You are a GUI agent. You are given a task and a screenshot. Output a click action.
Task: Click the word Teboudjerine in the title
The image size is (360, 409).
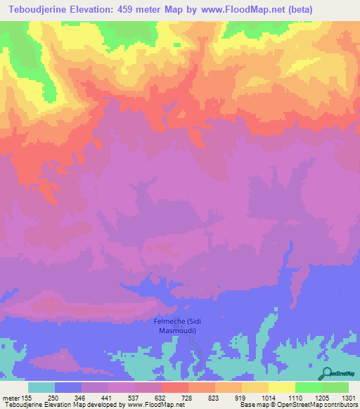43,10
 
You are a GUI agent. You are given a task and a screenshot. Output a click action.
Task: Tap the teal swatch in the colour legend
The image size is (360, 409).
41,387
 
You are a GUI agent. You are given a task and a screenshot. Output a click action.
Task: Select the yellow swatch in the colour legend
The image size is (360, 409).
281,387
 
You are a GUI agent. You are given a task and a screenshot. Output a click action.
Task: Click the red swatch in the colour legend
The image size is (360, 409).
174,387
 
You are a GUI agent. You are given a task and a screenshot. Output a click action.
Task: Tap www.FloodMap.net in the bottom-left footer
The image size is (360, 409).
152,405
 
